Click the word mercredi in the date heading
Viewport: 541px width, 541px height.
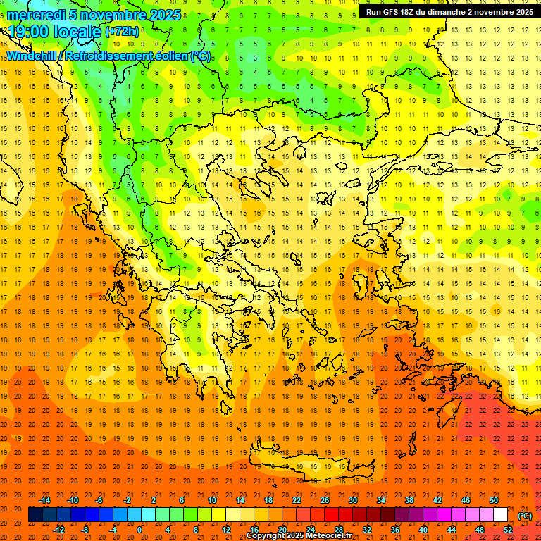click(x=37, y=15)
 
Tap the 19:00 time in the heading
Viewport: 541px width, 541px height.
click(x=28, y=32)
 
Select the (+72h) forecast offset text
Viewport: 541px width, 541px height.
click(x=122, y=32)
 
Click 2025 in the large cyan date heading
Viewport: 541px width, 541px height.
click(x=161, y=15)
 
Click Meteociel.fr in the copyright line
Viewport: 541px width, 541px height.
click(x=330, y=536)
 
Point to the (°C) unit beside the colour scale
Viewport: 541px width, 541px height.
click(x=525, y=516)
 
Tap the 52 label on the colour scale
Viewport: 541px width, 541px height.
click(x=508, y=530)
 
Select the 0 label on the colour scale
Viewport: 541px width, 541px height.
click(x=139, y=530)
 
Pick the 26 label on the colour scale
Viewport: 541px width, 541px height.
click(x=324, y=500)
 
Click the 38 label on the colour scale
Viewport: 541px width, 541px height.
click(x=409, y=500)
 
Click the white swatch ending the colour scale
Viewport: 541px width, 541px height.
click(x=500, y=515)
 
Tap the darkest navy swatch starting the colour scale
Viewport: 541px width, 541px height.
click(x=35, y=515)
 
